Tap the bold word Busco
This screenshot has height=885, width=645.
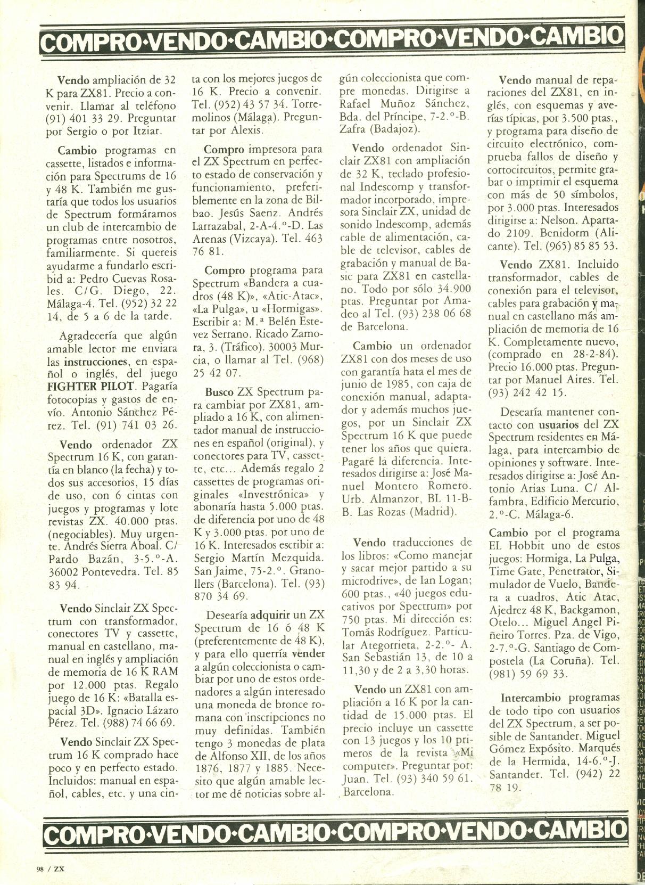pos(219,392)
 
